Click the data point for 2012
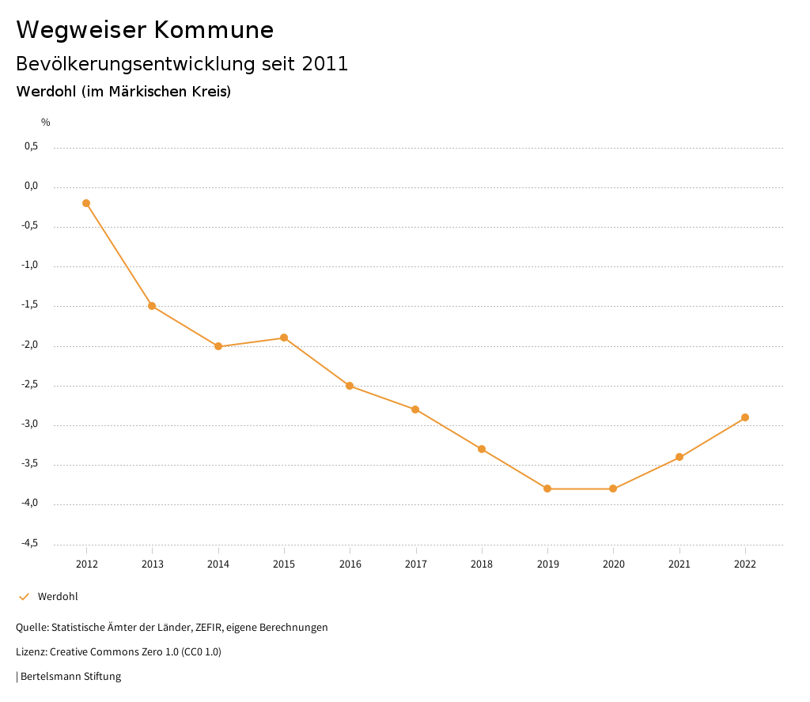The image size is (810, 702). click(x=86, y=203)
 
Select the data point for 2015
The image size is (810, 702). click(x=284, y=338)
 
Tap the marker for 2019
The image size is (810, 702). click(x=547, y=489)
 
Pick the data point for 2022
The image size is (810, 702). click(x=745, y=417)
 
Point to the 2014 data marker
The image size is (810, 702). click(x=218, y=346)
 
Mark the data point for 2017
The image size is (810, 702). click(x=415, y=409)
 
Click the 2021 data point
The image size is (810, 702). click(x=679, y=457)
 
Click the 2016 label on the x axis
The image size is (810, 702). click(x=350, y=564)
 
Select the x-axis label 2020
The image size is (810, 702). click(x=613, y=564)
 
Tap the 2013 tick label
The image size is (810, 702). click(x=152, y=564)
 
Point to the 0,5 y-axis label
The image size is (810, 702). click(x=32, y=146)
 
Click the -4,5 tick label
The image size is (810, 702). click(x=30, y=543)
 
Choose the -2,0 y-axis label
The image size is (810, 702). click(x=30, y=345)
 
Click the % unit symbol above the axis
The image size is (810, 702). click(x=46, y=122)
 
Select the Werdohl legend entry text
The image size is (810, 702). click(x=58, y=596)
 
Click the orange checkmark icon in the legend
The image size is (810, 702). click(x=24, y=596)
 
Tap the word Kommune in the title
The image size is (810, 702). click(x=214, y=30)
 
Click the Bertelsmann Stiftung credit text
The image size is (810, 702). click(x=70, y=676)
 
